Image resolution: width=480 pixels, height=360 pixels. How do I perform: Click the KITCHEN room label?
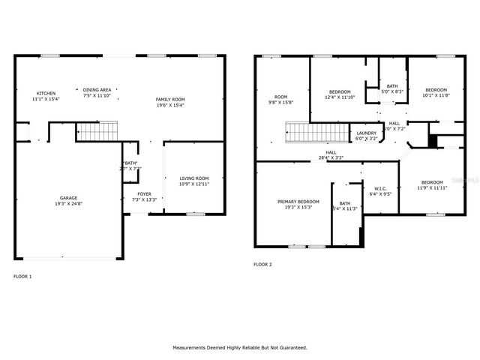tap(46, 96)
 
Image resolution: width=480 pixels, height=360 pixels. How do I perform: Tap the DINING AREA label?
tap(97, 92)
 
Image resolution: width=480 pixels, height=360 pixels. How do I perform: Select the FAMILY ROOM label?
tap(169, 102)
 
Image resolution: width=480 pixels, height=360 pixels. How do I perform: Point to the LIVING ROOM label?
tap(193, 181)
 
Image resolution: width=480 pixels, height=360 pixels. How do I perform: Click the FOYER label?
tap(144, 196)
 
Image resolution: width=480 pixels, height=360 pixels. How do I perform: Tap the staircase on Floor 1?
tap(94, 133)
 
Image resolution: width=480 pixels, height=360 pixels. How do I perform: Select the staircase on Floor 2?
tap(314, 133)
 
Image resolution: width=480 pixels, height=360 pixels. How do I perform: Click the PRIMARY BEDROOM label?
tap(298, 204)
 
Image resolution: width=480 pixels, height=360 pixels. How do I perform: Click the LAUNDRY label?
tap(366, 136)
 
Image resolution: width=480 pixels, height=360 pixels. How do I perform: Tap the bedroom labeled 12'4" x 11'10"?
tap(339, 94)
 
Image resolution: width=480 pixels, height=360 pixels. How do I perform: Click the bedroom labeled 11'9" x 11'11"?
tap(431, 185)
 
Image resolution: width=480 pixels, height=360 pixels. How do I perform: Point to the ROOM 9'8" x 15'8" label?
tap(281, 99)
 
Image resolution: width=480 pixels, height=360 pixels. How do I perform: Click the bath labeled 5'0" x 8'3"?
tap(392, 88)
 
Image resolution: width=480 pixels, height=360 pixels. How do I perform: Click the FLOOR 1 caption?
tap(23, 276)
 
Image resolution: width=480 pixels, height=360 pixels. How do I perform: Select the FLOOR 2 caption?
tap(262, 264)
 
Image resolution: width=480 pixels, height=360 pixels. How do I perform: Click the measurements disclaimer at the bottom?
tap(240, 347)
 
